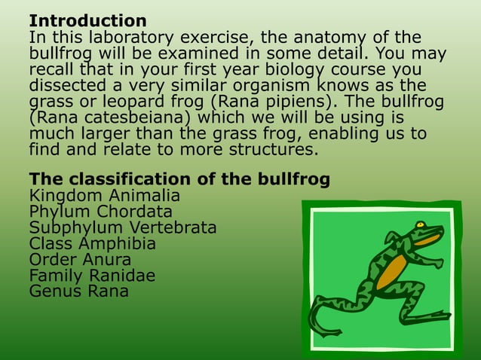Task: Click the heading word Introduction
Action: coord(87,20)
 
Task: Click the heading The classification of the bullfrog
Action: coord(179,180)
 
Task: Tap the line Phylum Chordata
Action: coord(100,212)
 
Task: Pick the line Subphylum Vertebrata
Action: coord(123,227)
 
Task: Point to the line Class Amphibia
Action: coord(93,243)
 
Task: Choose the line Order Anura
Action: coord(80,260)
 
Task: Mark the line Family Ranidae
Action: coord(92,276)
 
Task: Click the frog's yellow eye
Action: coord(419,224)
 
